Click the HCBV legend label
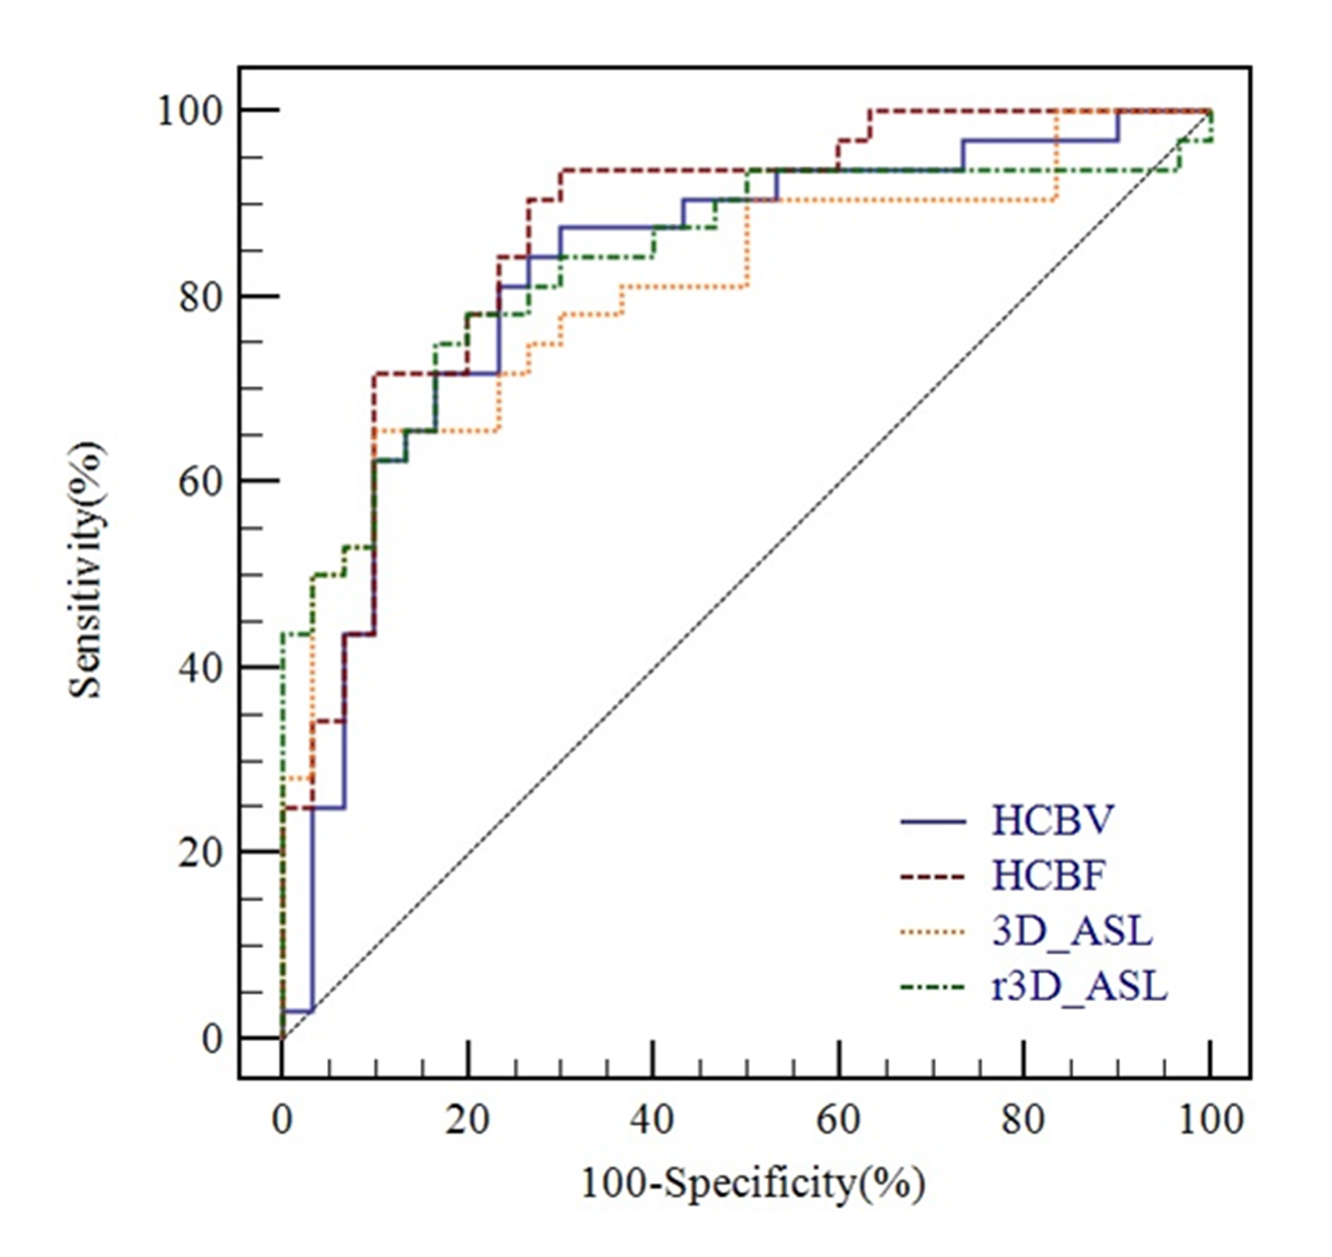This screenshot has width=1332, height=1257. pyautogui.click(x=1052, y=821)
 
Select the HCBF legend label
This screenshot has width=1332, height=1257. pyautogui.click(x=1048, y=875)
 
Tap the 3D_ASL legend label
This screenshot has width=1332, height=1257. pyautogui.click(x=1071, y=931)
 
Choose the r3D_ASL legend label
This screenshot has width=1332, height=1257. pyautogui.click(x=1079, y=986)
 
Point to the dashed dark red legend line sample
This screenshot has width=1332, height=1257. pyautogui.click(x=932, y=876)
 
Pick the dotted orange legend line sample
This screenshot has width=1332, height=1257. pyautogui.click(x=932, y=932)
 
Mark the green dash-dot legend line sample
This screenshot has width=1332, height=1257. pyautogui.click(x=932, y=986)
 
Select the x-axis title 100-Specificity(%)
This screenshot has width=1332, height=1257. pyautogui.click(x=752, y=1183)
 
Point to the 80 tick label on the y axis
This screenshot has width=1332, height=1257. pyautogui.click(x=199, y=297)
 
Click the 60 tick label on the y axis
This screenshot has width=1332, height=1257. pyautogui.click(x=199, y=482)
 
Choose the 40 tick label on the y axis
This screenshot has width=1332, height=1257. pyautogui.click(x=199, y=668)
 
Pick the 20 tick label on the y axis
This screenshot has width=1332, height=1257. pyautogui.click(x=199, y=853)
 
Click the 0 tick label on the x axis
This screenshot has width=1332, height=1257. pyautogui.click(x=282, y=1121)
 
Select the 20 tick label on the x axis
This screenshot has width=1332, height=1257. pyautogui.click(x=467, y=1121)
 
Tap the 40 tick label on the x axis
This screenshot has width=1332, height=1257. pyautogui.click(x=653, y=1121)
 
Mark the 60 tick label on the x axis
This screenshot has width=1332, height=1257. pyautogui.click(x=839, y=1121)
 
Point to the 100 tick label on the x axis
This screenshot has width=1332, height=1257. pyautogui.click(x=1210, y=1121)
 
